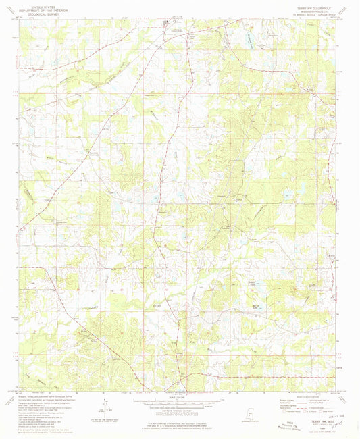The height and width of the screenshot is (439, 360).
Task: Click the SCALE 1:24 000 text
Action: coord(180,395)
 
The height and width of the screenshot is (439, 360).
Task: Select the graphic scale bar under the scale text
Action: coord(180,400)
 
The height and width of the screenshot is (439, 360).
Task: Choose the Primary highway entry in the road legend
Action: coord(284,399)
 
